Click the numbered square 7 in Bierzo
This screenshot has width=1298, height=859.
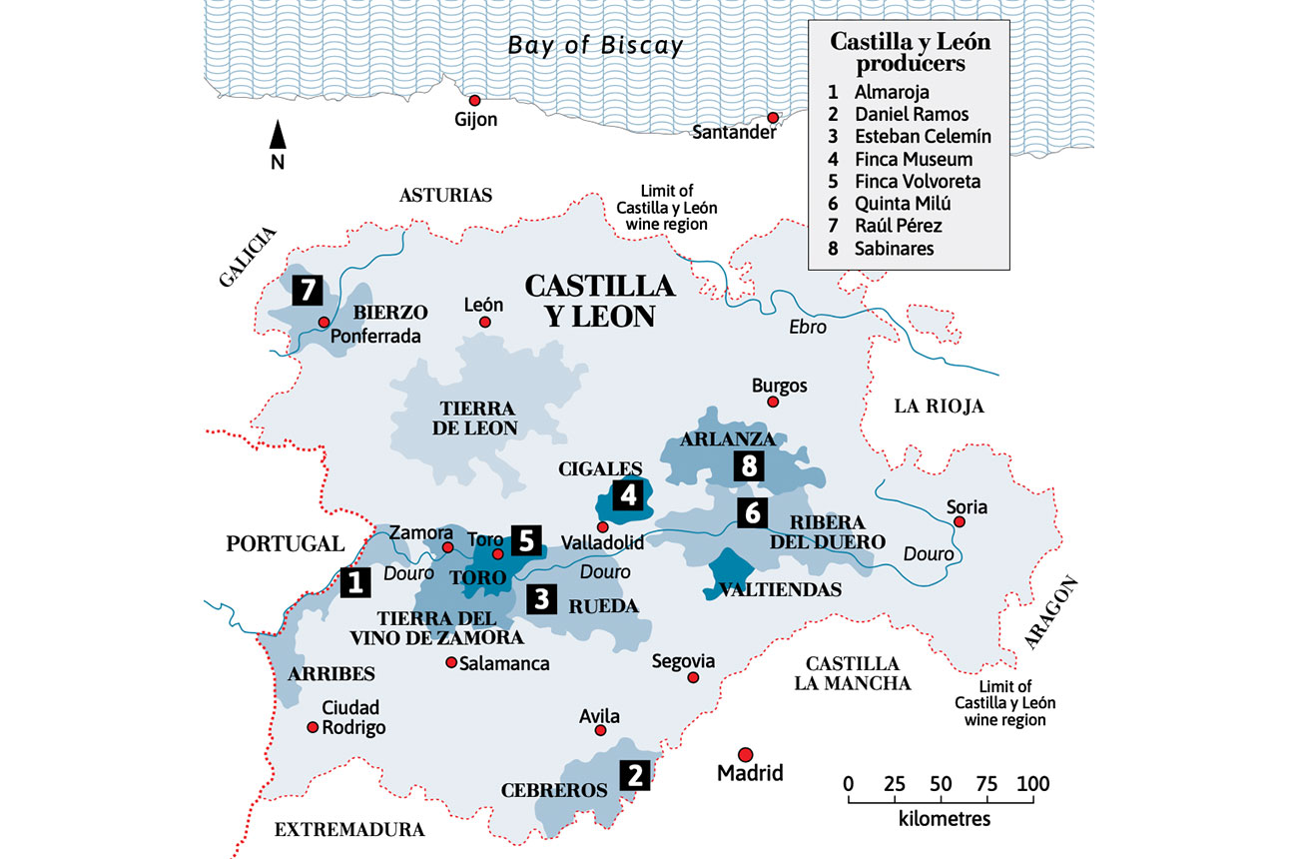click(x=307, y=292)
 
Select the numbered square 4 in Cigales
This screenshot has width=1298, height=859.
click(x=627, y=493)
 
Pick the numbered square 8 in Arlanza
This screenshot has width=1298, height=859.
click(x=749, y=465)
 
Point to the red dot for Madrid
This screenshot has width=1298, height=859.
click(x=745, y=754)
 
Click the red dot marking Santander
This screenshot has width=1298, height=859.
click(x=773, y=118)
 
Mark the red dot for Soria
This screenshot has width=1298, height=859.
click(x=959, y=522)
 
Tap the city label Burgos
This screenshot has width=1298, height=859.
click(x=781, y=386)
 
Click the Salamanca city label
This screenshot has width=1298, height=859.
click(x=503, y=663)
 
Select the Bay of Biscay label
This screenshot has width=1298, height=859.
click(x=595, y=46)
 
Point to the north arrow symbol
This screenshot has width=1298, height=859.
click(x=279, y=138)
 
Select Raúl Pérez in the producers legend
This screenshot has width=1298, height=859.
click(x=898, y=226)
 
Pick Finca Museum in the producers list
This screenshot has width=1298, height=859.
click(x=913, y=159)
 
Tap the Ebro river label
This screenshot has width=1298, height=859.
click(x=808, y=327)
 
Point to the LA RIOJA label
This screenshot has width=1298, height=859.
click(x=939, y=407)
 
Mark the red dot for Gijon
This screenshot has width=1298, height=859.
click(x=475, y=100)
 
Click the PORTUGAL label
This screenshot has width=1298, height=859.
click(x=285, y=544)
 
